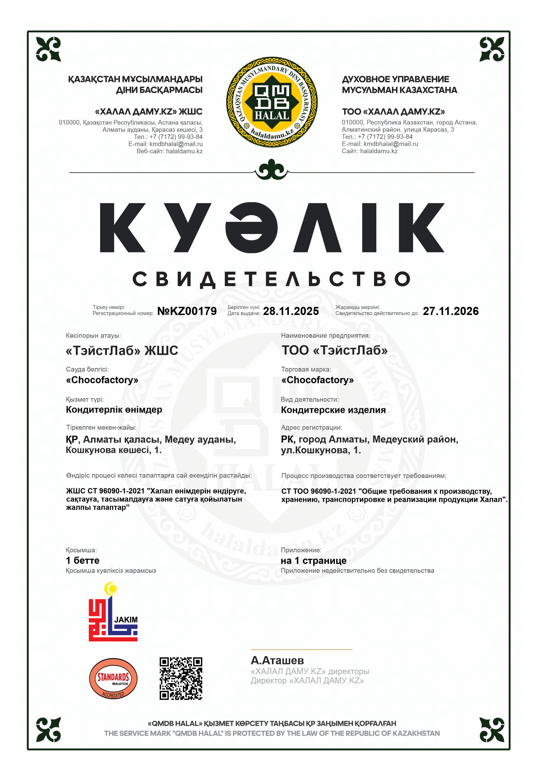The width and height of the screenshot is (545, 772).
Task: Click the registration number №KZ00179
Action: [x=187, y=311]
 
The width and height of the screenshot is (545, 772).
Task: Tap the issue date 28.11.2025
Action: [x=291, y=311]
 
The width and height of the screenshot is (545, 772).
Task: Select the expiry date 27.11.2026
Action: [x=451, y=311]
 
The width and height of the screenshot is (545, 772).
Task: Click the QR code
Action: [x=181, y=678]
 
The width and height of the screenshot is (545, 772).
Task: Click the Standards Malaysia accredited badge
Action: [x=113, y=678]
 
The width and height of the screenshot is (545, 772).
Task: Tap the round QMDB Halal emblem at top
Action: [x=272, y=102]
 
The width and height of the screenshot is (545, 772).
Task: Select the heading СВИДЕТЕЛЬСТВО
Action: [x=272, y=279]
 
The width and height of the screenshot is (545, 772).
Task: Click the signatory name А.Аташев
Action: [x=277, y=660]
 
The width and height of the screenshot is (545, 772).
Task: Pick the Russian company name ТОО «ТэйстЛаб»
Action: [x=334, y=350]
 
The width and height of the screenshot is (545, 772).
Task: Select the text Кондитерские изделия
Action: [x=333, y=410]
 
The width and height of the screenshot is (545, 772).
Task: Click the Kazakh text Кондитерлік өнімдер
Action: [x=114, y=409]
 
